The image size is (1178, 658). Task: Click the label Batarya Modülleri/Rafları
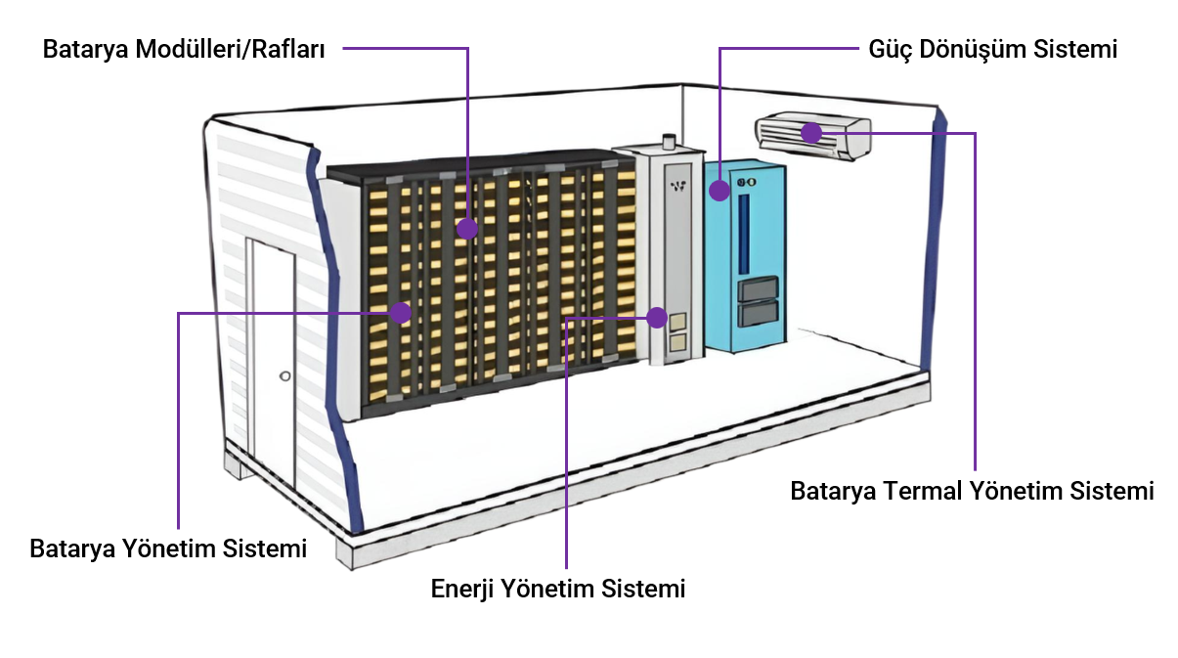point(184,49)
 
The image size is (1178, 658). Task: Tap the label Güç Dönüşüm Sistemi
point(992,49)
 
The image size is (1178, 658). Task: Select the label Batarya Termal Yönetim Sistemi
point(972,491)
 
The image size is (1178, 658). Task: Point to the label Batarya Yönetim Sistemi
point(168,548)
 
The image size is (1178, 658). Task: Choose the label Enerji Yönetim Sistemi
point(558,590)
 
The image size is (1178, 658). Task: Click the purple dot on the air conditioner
point(810,132)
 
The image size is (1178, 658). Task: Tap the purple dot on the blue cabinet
point(720,190)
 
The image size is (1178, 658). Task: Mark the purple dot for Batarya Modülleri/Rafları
point(467,229)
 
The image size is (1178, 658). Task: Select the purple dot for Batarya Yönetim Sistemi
point(400,313)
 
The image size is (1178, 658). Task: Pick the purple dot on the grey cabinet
point(657,318)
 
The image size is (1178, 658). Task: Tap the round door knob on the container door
point(284,375)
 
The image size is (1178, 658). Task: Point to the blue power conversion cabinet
point(745,256)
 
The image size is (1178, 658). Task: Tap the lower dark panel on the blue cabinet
point(760,313)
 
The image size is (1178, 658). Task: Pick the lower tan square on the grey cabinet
point(676,343)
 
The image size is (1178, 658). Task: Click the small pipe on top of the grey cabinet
point(668,142)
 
